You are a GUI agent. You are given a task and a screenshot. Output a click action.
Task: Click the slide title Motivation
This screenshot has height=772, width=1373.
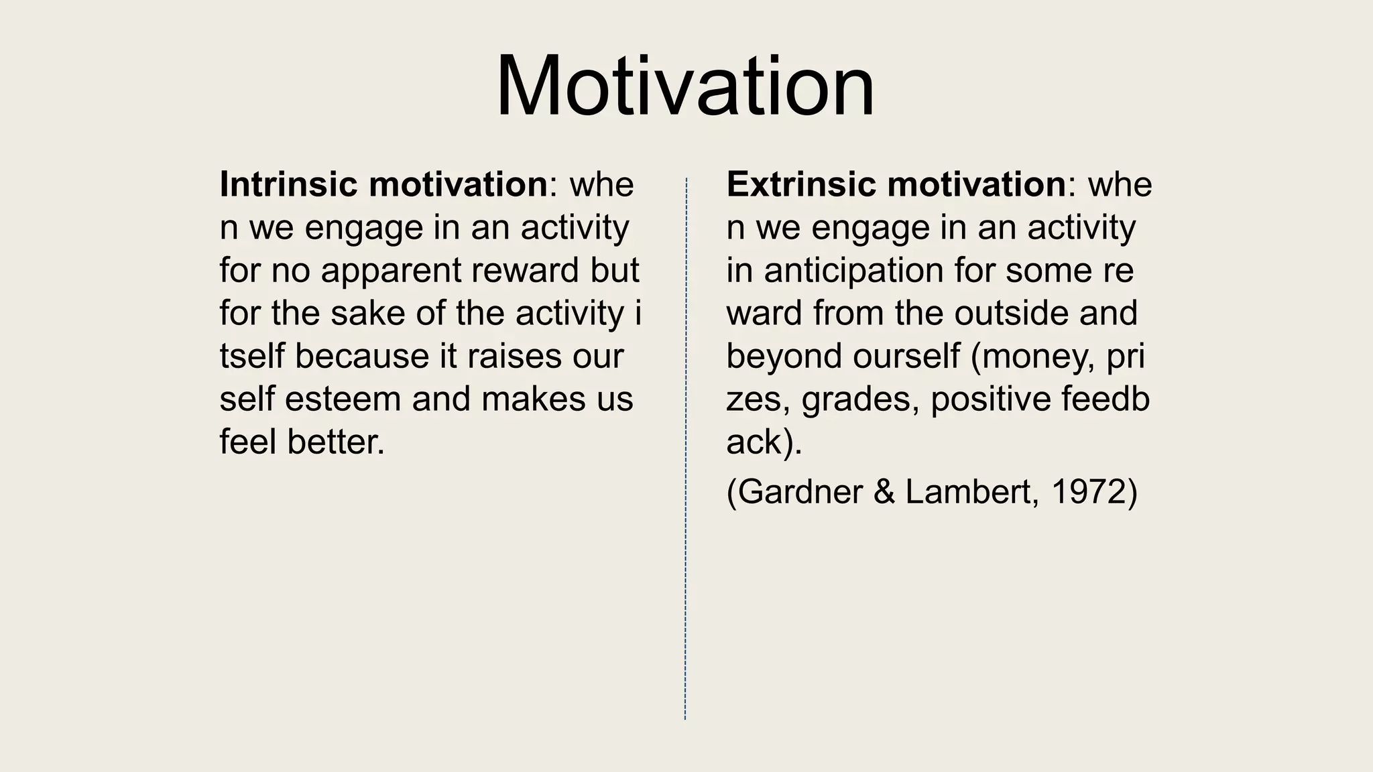click(685, 87)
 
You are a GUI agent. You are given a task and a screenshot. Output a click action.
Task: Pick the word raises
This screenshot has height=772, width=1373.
click(514, 357)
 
